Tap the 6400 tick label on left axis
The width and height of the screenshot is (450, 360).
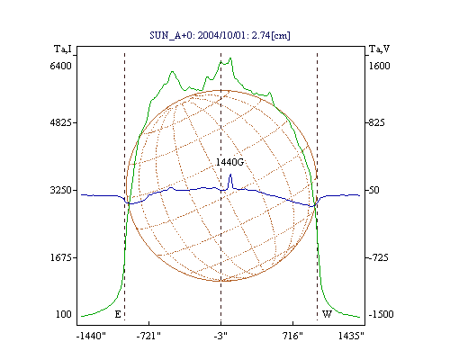[x=60, y=66]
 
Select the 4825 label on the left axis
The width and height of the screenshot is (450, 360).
[x=60, y=122]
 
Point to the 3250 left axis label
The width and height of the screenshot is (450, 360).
[x=60, y=190]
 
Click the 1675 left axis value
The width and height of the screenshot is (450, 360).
[x=60, y=257]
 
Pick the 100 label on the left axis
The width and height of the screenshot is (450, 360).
[x=64, y=314]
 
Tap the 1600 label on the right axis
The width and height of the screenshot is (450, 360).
[x=379, y=66]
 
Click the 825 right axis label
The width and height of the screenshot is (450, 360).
[x=376, y=122]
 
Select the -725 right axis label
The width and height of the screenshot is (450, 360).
[x=378, y=257]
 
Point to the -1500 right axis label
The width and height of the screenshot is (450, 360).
[x=381, y=314]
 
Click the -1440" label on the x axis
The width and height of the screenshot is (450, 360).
[x=91, y=336]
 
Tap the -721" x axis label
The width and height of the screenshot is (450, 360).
[x=148, y=336]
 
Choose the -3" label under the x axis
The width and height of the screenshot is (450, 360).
[x=220, y=336]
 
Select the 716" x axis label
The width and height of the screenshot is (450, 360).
[x=292, y=336]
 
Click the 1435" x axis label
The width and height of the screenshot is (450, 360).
[x=351, y=336]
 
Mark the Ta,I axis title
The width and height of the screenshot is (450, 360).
[x=63, y=49]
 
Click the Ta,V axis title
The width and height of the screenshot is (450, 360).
[x=379, y=49]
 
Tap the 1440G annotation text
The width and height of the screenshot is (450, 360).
[x=229, y=162]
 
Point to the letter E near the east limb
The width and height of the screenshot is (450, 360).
[x=118, y=314]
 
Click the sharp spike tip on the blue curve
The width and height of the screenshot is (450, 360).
[x=230, y=174]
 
